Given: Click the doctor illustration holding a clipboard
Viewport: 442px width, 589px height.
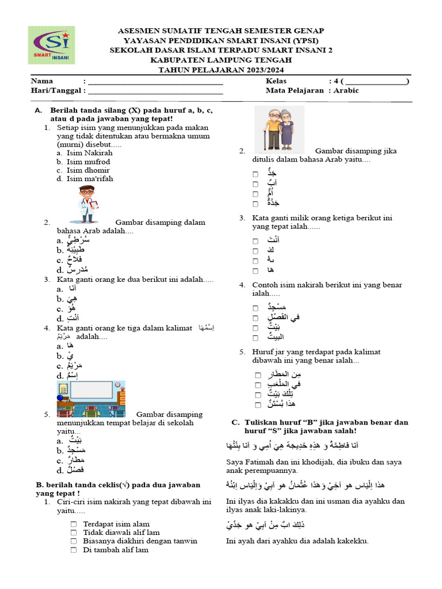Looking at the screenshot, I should (x=87, y=204).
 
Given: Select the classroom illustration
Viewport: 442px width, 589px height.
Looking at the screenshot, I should (x=91, y=399).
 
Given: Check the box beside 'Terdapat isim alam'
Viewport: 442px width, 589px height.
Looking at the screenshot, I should (x=74, y=524).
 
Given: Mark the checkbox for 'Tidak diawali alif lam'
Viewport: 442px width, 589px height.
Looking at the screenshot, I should (x=74, y=533).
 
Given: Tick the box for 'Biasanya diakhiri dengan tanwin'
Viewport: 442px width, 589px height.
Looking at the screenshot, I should (x=74, y=541).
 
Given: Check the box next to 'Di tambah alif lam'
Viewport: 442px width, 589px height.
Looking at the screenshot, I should (x=74, y=550).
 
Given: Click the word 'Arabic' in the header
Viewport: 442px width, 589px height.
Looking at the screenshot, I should (x=346, y=90).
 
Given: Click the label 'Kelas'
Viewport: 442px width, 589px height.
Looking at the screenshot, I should (x=276, y=81).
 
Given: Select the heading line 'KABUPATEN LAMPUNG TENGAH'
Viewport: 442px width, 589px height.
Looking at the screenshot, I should (x=221, y=60).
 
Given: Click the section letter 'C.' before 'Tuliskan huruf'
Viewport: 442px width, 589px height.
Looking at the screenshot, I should (x=235, y=422).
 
